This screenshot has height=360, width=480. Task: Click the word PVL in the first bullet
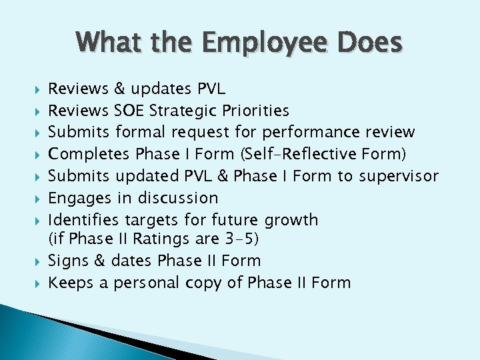click(211, 89)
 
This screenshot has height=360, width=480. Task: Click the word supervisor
click(399, 176)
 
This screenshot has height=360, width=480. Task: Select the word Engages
click(77, 198)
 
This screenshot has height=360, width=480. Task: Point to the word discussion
click(178, 198)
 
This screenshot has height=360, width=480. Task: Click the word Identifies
click(84, 220)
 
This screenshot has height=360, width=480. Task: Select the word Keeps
click(71, 283)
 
